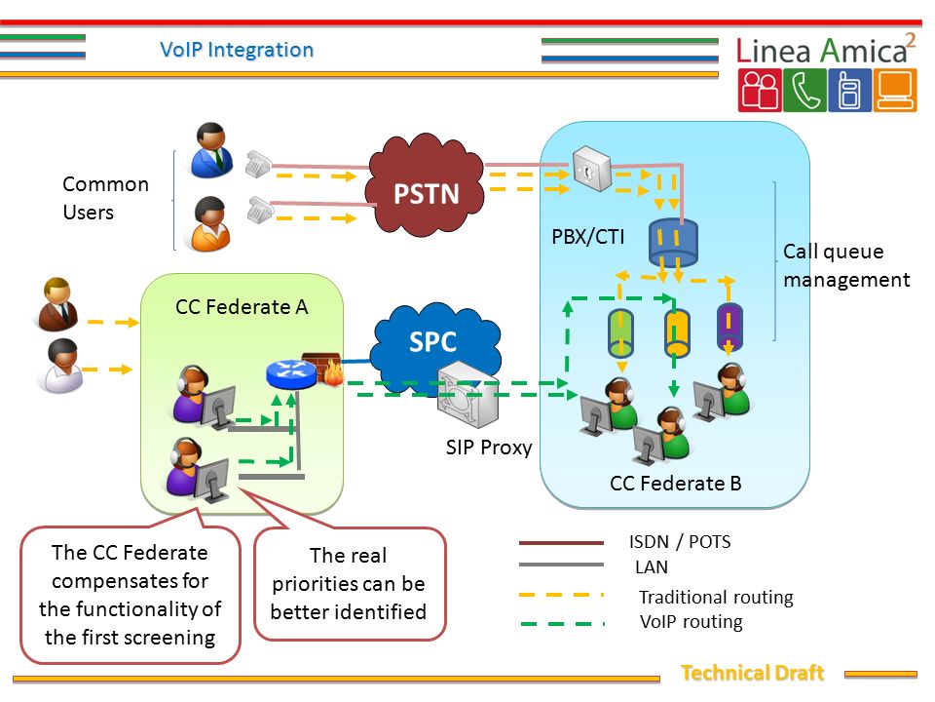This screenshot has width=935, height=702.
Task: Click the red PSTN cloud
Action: pyautogui.click(x=427, y=186)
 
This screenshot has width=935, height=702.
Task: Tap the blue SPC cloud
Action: pyautogui.click(x=435, y=345)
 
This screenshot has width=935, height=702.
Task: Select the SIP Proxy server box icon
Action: pyautogui.click(x=468, y=394)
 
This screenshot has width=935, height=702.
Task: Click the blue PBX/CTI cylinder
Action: pyautogui.click(x=673, y=243)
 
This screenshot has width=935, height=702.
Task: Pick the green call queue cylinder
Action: pyautogui.click(x=620, y=333)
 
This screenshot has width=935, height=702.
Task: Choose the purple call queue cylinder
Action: pyautogui.click(x=729, y=328)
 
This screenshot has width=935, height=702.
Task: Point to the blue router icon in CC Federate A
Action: pyautogui.click(x=291, y=373)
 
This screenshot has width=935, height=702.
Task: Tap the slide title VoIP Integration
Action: pyautogui.click(x=237, y=50)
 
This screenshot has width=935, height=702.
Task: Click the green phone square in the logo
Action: pyautogui.click(x=805, y=90)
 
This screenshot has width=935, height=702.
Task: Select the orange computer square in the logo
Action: pyautogui.click(x=895, y=90)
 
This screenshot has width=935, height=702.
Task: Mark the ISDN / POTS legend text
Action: pyautogui.click(x=680, y=541)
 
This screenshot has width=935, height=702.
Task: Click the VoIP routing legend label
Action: pyautogui.click(x=692, y=622)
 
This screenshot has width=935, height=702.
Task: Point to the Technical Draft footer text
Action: pyautogui.click(x=753, y=673)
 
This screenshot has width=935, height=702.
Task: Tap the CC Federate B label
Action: pyautogui.click(x=676, y=483)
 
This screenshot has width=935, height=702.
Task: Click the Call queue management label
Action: pyautogui.click(x=846, y=265)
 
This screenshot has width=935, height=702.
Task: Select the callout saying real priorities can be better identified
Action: pyautogui.click(x=349, y=584)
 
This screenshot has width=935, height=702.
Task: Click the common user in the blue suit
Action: pyautogui.click(x=211, y=150)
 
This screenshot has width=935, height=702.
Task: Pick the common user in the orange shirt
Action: pyautogui.click(x=210, y=224)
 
